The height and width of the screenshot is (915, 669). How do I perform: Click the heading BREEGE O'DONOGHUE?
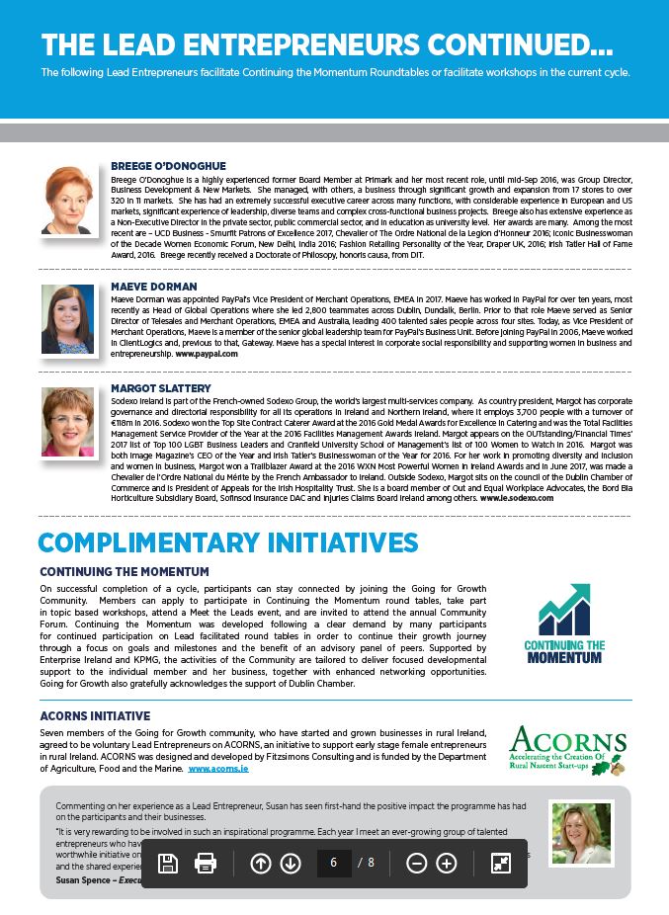click(x=168, y=166)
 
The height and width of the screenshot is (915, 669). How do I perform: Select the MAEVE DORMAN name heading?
click(x=154, y=287)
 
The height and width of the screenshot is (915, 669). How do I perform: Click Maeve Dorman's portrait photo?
click(x=67, y=319)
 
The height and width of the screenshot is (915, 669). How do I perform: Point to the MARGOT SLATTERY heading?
click(x=161, y=388)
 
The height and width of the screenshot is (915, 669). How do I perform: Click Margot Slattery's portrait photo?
click(x=67, y=421)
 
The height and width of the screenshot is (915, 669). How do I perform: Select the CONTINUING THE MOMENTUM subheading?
click(x=125, y=572)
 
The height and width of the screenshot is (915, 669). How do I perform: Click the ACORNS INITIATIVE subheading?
click(x=95, y=715)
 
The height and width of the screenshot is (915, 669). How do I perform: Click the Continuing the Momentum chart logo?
click(x=564, y=623)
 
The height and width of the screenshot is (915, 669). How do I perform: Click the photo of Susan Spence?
click(x=581, y=833)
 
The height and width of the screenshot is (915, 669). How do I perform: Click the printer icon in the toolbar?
click(x=206, y=863)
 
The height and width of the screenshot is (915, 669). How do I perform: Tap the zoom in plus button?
click(x=447, y=863)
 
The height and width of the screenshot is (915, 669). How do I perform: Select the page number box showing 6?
click(x=334, y=863)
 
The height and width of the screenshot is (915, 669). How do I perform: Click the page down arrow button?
click(x=291, y=863)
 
